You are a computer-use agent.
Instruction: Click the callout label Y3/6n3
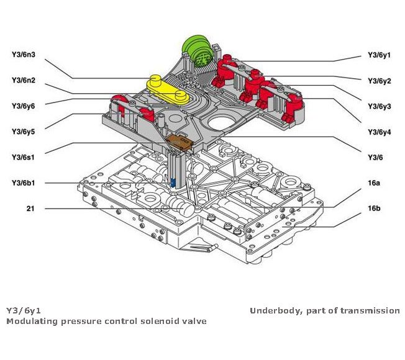point(24,54)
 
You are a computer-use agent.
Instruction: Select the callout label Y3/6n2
point(24,80)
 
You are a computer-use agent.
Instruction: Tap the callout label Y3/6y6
point(24,106)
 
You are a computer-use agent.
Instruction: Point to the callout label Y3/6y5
point(24,131)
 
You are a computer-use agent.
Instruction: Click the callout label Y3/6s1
point(24,156)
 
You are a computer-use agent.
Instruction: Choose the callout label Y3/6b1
point(24,182)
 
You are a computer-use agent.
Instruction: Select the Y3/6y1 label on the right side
point(379,55)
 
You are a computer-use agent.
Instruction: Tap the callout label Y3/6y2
point(379,81)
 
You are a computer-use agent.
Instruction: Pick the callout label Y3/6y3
point(379,106)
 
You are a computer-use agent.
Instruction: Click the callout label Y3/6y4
point(379,132)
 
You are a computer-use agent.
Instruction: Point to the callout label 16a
point(375,183)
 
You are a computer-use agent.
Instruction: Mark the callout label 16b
point(375,209)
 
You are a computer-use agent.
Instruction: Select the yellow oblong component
point(167,89)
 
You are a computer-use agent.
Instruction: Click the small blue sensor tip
point(173,182)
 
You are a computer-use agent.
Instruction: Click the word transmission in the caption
point(370,310)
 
